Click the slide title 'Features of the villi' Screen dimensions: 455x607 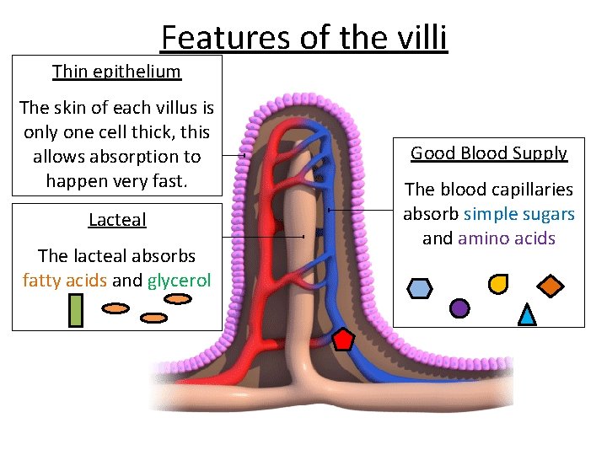pos(303,38)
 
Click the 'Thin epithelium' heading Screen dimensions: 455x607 pos(116,72)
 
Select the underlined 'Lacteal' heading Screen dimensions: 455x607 pos(117,220)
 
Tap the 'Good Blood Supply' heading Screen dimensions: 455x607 pos(489,153)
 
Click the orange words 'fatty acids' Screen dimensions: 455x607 pos(64,280)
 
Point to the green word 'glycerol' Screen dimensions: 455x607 pos(179,280)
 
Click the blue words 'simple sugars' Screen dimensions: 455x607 pos(519,214)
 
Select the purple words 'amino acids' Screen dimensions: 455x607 pos(506,238)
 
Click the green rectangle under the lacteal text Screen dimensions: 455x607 pos(75,310)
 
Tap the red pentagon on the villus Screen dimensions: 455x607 pos(344,339)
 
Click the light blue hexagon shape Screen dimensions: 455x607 pos(419,288)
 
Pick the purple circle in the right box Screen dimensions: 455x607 pos(459,308)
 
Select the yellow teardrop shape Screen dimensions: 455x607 pos(498,284)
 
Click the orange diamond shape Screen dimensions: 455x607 pos(551,286)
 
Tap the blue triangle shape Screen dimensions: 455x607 pos(527,314)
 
